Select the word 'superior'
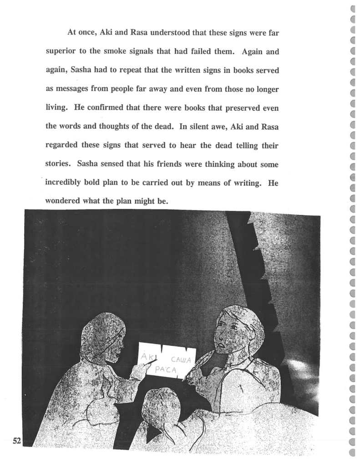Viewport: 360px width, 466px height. pos(62,51)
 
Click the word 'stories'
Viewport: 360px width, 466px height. pos(59,164)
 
